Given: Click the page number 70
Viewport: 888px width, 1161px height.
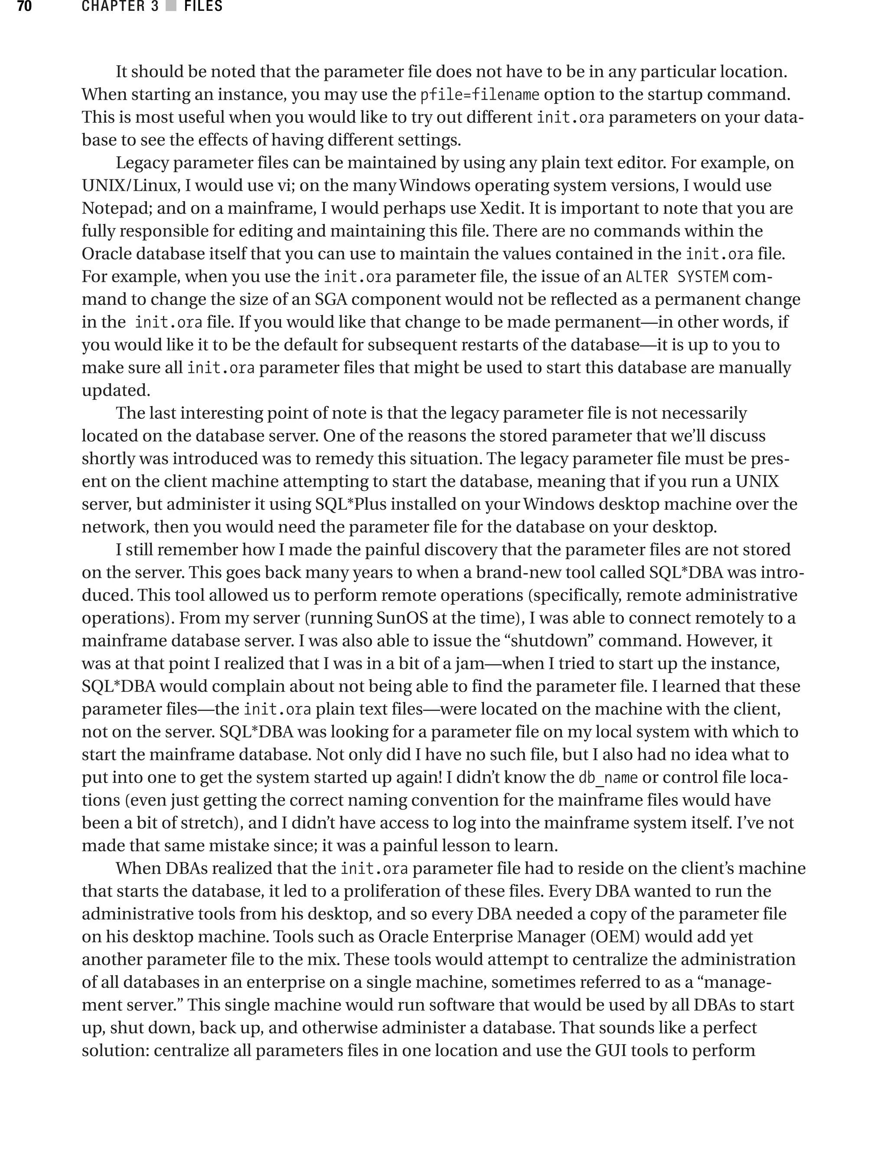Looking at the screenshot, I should pyautogui.click(x=24, y=7).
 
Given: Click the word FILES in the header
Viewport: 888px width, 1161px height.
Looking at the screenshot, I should pyautogui.click(x=203, y=7).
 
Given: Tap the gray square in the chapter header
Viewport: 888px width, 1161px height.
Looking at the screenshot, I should pyautogui.click(x=171, y=7).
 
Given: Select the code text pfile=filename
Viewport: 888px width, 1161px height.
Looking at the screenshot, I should pyautogui.click(x=480, y=95).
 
